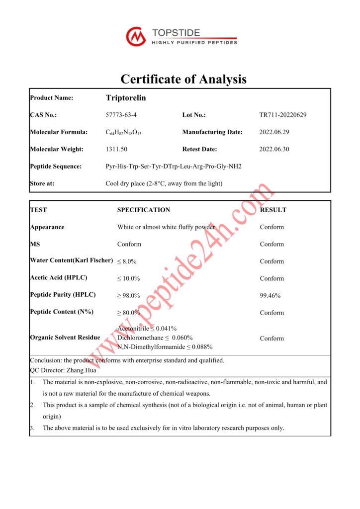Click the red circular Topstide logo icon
tap(136, 37)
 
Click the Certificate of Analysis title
tap(183, 79)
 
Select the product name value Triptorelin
tap(126, 98)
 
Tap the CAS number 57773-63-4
tap(121, 115)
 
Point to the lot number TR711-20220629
tap(283, 115)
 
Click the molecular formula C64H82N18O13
tap(124, 132)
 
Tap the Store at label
tap(42, 183)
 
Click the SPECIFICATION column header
tap(144, 210)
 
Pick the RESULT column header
tap(273, 210)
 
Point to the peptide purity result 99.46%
tap(270, 296)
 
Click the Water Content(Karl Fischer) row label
tap(72, 260)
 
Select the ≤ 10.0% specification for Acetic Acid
tap(128, 278)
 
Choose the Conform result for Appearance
tap(272, 227)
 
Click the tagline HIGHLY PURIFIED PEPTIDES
tap(194, 43)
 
